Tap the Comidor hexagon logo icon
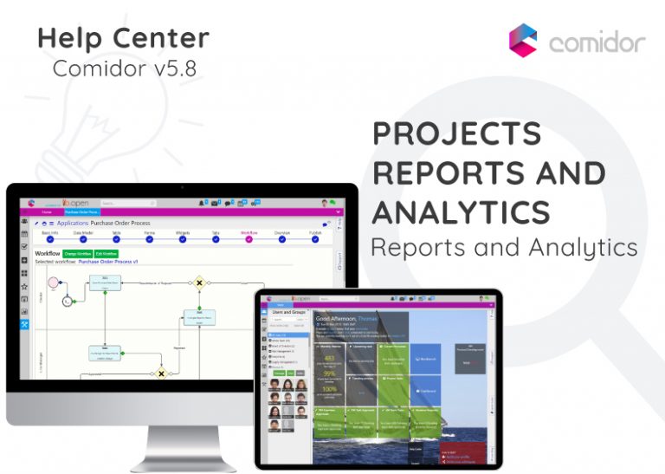(523, 40)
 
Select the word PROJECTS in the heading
(456, 134)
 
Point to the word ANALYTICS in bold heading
(461, 211)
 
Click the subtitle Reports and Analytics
(504, 248)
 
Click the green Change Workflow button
(77, 253)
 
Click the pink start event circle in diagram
(54, 282)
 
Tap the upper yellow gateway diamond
(199, 282)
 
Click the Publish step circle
(314, 240)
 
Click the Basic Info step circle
(50, 240)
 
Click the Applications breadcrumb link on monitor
(73, 224)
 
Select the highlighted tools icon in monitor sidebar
(24, 324)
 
